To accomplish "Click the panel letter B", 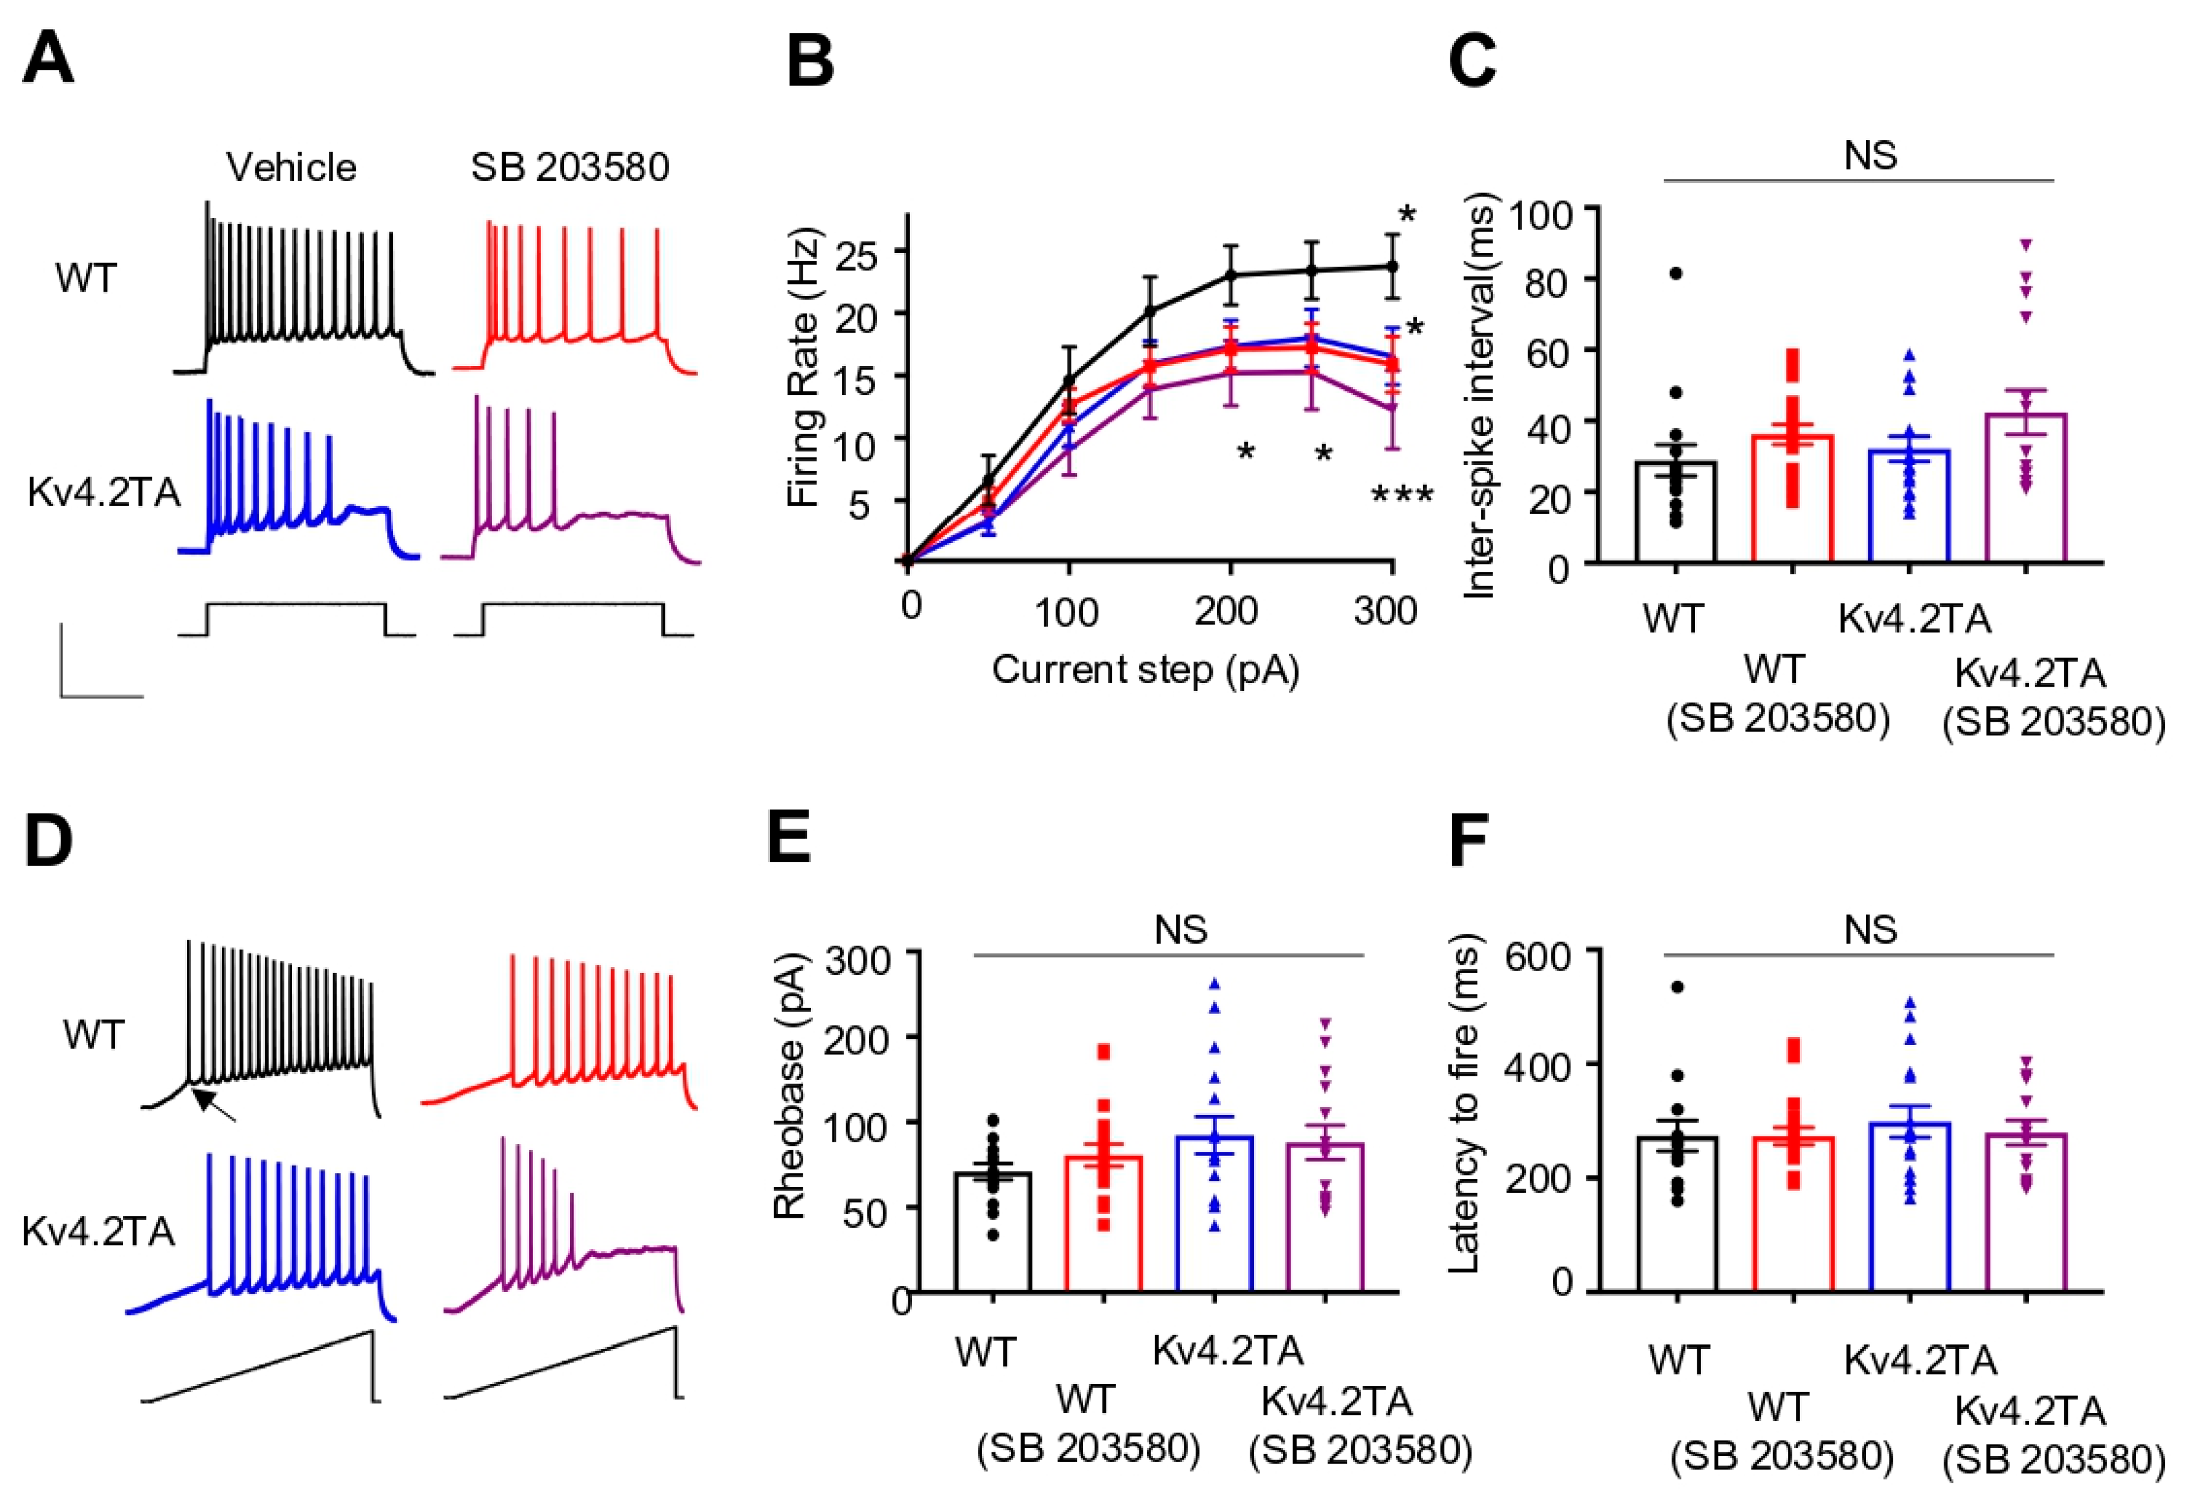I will point(810,59).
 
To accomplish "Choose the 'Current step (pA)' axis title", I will point(1145,670).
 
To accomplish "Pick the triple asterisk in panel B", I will point(1402,495).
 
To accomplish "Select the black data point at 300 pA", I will point(1392,267).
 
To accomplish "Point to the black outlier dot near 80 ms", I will point(1676,274).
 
